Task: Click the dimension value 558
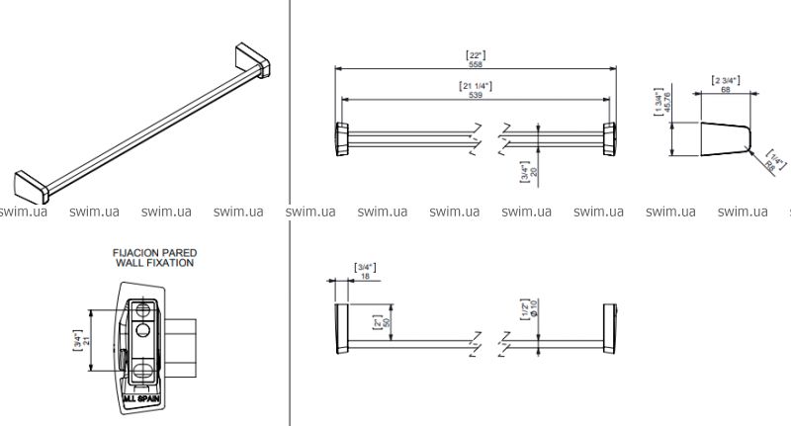(476, 63)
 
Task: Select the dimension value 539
(476, 96)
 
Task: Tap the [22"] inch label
(476, 54)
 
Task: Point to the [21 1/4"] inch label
(476, 86)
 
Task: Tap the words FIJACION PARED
(152, 253)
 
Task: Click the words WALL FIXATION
(152, 264)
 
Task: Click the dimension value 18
(366, 278)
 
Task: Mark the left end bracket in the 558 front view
(341, 138)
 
